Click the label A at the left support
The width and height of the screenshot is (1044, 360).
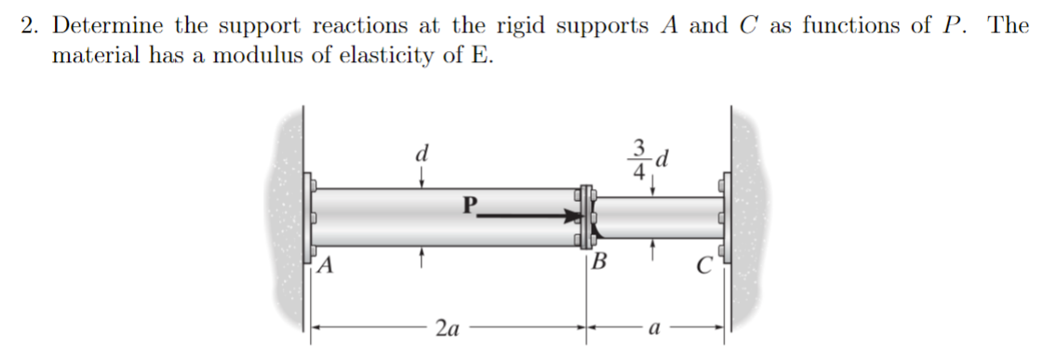(325, 264)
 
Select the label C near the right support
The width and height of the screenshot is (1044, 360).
(705, 264)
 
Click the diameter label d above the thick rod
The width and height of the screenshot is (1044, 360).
(422, 153)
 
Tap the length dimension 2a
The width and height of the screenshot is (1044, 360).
(447, 328)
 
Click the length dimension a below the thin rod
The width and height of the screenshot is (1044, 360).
(655, 328)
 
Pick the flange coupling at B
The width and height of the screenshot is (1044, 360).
(586, 217)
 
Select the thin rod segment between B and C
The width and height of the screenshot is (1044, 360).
(661, 217)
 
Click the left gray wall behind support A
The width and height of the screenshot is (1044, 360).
(289, 223)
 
